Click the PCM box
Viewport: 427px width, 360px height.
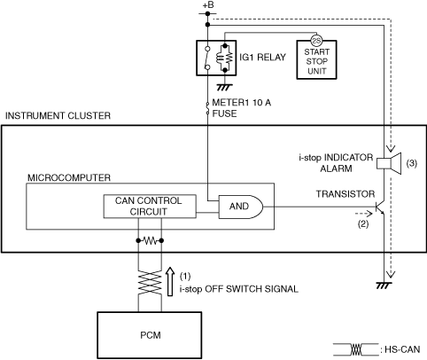(150, 335)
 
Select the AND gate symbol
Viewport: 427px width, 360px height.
(240, 207)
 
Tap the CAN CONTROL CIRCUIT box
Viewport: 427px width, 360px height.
(150, 207)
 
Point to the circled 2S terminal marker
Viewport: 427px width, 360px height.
(316, 41)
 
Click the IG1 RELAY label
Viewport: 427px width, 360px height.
(262, 57)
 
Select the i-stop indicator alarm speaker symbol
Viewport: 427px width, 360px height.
(389, 163)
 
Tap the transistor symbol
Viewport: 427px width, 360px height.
(380, 207)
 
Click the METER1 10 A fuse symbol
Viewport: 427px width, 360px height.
(207, 108)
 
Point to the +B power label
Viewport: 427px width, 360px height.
(208, 5)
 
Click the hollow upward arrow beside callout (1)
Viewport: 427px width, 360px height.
(170, 281)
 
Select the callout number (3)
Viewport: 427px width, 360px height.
(412, 163)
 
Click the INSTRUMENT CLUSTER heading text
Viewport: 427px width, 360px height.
(58, 115)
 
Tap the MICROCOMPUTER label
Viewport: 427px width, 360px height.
(69, 177)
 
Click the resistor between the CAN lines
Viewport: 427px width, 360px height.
(150, 241)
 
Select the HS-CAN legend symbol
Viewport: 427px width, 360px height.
(356, 349)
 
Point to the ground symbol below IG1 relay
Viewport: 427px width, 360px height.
(225, 87)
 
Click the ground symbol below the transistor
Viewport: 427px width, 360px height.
(384, 286)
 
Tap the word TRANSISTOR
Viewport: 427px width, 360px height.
(345, 194)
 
